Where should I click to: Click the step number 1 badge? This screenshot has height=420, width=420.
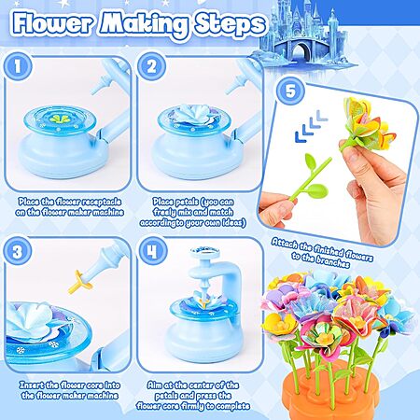coord(18,66)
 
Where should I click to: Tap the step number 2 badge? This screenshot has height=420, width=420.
coord(151,66)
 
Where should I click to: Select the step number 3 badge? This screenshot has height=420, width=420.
coord(18,251)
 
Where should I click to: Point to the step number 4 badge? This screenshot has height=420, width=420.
coord(152,251)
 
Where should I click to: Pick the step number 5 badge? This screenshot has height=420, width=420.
coord(290,91)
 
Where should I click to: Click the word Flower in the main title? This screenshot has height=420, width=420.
coord(53,23)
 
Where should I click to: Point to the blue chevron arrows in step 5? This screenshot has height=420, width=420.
coord(311,126)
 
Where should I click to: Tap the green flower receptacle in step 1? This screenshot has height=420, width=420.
coord(59,119)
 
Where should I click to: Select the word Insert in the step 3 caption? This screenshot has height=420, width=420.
coord(32,385)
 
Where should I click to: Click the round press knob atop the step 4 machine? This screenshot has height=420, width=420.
coord(204,251)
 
